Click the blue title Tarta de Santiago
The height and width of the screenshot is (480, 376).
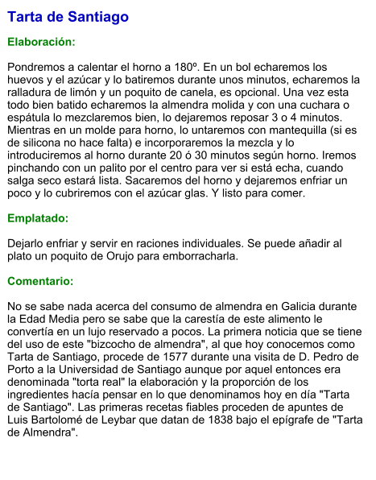pos(68,17)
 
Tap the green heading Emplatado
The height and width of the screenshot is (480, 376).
pos(38,218)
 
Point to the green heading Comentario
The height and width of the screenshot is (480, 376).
pos(40,282)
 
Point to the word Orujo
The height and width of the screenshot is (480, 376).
pos(118,256)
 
